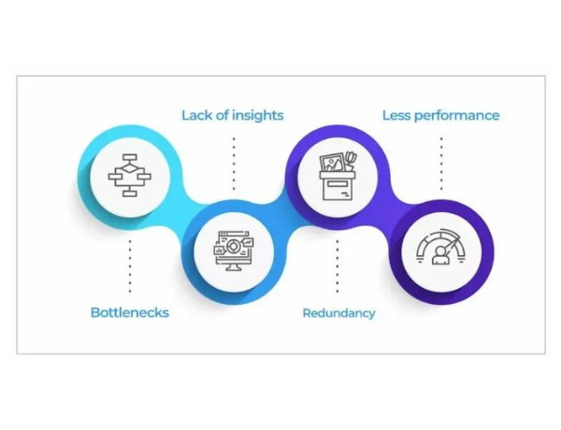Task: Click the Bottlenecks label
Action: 129,312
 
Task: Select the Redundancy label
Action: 338,312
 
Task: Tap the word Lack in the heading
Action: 197,115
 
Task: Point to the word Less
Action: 398,115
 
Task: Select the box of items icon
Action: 338,174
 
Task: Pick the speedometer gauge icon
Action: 441,247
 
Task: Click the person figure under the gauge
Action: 441,257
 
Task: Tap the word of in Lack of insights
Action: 223,115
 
